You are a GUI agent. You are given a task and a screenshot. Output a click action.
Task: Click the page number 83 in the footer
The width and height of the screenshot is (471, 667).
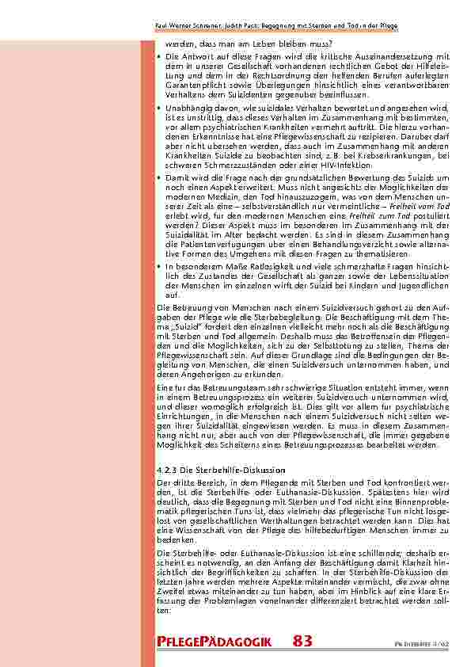click(302, 641)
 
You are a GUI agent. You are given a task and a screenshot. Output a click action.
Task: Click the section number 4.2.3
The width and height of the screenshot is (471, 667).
click(169, 471)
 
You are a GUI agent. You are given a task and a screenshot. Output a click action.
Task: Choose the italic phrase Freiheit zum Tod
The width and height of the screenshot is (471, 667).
click(356, 214)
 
